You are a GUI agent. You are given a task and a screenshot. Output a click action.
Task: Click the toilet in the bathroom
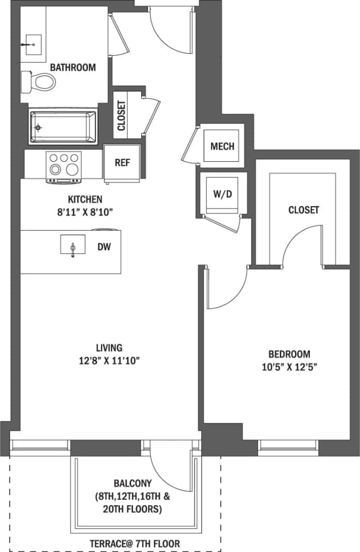tap(39, 81)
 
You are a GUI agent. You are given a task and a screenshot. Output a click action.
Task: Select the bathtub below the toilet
tap(63, 126)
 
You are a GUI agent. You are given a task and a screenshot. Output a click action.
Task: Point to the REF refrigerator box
tap(122, 162)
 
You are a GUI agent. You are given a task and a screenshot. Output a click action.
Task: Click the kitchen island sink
tap(73, 244)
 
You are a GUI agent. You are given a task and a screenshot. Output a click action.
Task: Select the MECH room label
tap(222, 146)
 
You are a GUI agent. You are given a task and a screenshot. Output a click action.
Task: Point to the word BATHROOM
tap(73, 67)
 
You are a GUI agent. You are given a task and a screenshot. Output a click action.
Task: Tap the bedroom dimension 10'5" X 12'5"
tap(289, 367)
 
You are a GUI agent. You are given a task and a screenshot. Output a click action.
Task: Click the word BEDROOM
tap(289, 354)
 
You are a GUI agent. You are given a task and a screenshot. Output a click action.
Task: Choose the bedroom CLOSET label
tap(304, 210)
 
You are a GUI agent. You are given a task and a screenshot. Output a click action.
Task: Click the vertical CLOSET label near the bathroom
tap(122, 115)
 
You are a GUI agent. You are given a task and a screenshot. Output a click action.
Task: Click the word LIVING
tap(109, 347)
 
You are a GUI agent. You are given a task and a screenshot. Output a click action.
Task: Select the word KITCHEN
tap(85, 199)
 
